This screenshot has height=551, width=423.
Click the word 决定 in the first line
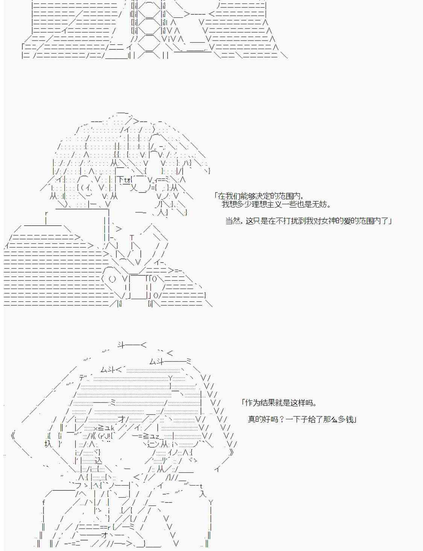(x=255, y=196)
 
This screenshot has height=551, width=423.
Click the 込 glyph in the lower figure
(x=98, y=461)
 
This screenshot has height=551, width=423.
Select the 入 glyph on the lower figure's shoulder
(x=203, y=493)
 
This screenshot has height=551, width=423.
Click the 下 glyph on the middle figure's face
(x=120, y=180)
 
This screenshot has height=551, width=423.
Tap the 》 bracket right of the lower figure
(x=231, y=452)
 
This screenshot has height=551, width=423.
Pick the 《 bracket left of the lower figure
(x=14, y=436)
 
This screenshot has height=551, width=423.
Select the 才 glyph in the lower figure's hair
(x=122, y=419)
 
